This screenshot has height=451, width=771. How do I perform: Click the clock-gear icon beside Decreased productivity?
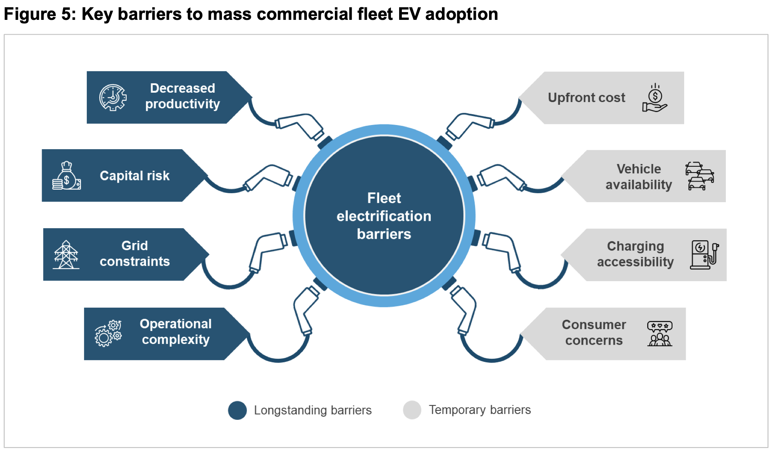113,97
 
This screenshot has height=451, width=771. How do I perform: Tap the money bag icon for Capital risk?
67,176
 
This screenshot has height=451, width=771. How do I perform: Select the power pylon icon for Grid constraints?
66,255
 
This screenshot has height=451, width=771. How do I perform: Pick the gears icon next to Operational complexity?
108,333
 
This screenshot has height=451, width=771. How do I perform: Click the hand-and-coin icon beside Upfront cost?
655,98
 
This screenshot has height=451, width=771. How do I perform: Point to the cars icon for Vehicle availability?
699,176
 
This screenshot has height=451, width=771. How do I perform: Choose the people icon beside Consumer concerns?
660,333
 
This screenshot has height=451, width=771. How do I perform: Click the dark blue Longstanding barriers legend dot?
237,410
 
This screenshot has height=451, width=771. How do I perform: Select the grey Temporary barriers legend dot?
412,410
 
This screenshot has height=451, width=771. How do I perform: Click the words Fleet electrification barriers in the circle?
384,216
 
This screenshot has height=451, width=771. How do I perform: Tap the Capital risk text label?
135,176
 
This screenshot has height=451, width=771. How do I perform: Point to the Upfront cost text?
586,97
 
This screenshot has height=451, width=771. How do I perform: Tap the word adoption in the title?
461,14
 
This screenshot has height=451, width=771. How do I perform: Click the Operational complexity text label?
176,331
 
